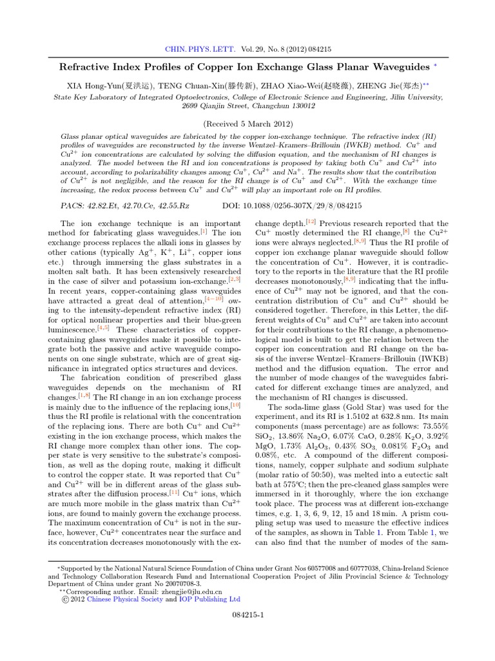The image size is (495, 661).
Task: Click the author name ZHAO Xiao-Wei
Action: [306, 85]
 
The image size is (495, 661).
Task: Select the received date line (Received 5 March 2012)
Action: [247, 123]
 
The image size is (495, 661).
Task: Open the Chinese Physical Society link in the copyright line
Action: [131, 599]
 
